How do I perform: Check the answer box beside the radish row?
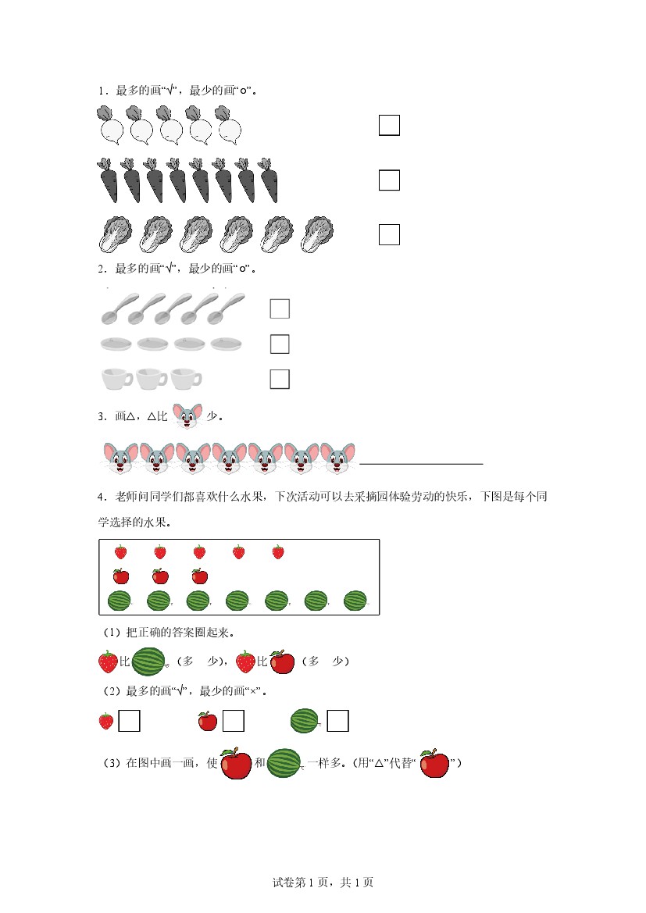pyautogui.click(x=389, y=125)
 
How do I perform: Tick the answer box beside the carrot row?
pyautogui.click(x=389, y=180)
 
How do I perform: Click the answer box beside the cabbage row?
pyautogui.click(x=389, y=234)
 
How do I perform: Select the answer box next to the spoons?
pyautogui.click(x=280, y=308)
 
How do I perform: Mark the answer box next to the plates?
pyautogui.click(x=280, y=344)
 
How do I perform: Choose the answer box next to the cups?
pyautogui.click(x=280, y=379)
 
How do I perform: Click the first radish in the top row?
pyautogui.click(x=110, y=125)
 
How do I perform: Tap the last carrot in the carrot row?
pyautogui.click(x=268, y=180)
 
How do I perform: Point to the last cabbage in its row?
pyautogui.click(x=317, y=234)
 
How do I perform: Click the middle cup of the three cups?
pyautogui.click(x=152, y=379)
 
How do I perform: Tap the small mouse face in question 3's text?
pyautogui.click(x=187, y=415)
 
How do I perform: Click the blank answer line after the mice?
pyautogui.click(x=421, y=464)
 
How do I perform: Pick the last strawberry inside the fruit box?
pyautogui.click(x=278, y=552)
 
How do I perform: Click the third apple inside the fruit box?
pyautogui.click(x=200, y=576)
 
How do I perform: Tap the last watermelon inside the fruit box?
pyautogui.click(x=355, y=601)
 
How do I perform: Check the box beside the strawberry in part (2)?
pyautogui.click(x=130, y=721)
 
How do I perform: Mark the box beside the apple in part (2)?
pyautogui.click(x=233, y=721)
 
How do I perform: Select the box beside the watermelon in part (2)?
pyautogui.click(x=338, y=721)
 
